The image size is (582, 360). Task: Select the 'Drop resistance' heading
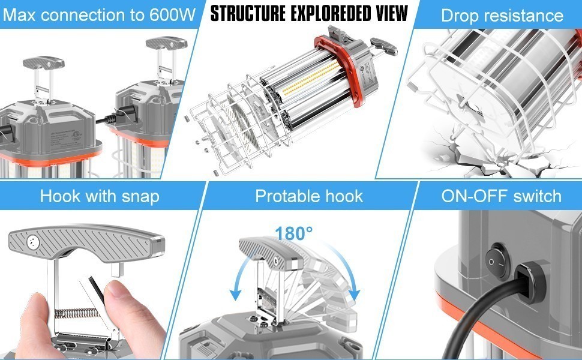pyautogui.click(x=502, y=15)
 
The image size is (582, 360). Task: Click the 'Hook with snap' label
pyautogui.click(x=99, y=196)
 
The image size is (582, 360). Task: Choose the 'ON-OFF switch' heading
pyautogui.click(x=501, y=196)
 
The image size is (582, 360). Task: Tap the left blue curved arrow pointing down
pyautogui.click(x=236, y=282)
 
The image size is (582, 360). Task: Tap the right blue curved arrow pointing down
pyautogui.click(x=352, y=282)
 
